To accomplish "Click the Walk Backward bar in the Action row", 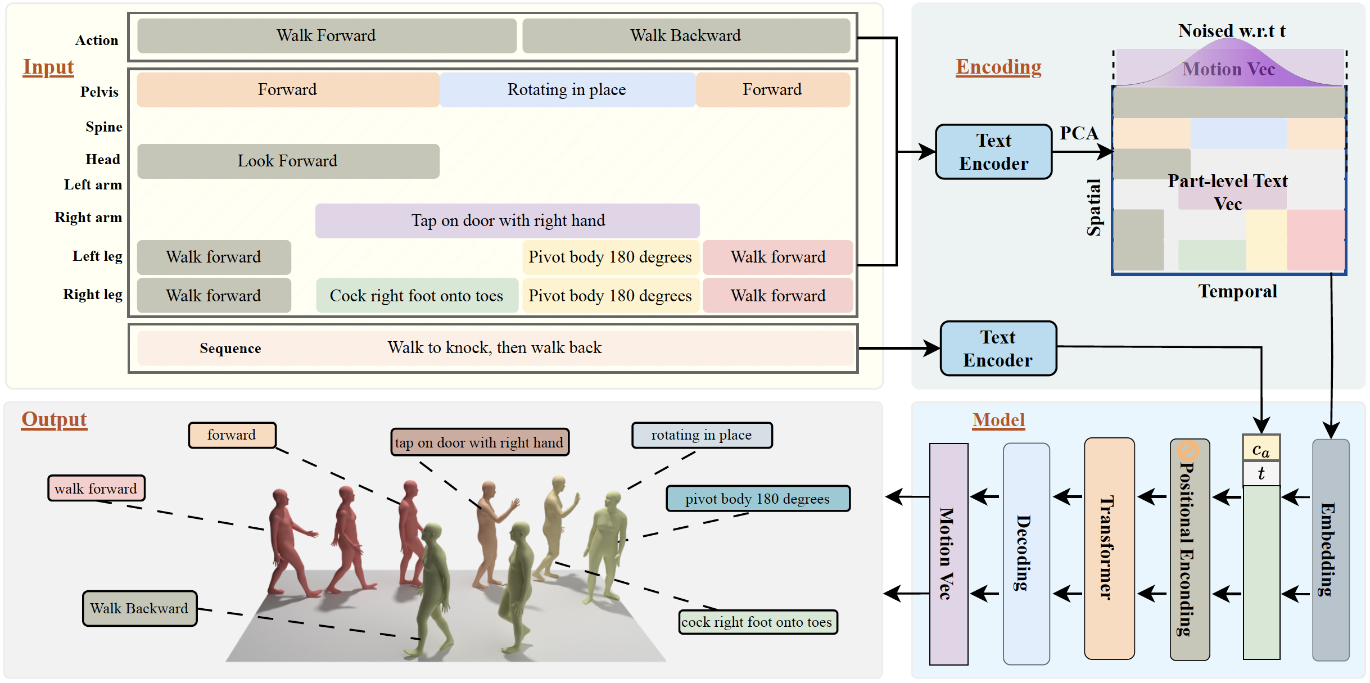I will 685,35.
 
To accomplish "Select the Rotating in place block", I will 567,90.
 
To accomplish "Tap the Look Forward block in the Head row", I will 288,161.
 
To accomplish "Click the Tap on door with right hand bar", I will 507,220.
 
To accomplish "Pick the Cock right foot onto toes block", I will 417,296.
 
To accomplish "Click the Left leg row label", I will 97,256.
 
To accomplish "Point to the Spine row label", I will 104,127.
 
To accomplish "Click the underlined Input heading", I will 48,67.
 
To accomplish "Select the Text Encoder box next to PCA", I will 993,152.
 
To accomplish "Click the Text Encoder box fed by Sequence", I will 998,349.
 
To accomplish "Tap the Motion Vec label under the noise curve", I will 1228,69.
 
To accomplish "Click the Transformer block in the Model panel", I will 1109,548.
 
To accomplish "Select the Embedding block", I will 1330,549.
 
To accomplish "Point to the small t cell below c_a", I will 1261,473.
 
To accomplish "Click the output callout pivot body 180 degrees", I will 757,499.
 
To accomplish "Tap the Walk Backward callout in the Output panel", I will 139,608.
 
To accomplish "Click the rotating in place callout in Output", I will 702,435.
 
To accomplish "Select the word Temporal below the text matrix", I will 1237,291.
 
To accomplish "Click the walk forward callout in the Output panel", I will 96,488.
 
